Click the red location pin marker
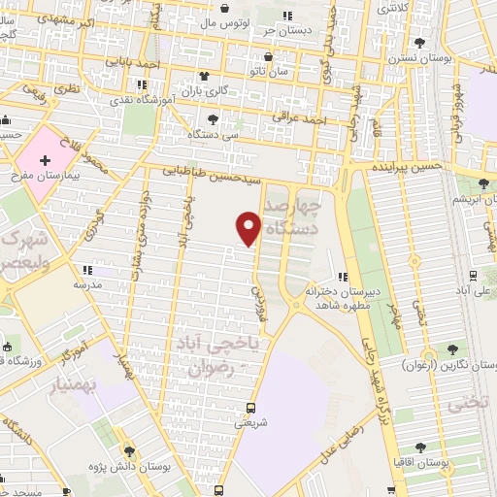click(x=249, y=227)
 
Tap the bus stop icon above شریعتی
click(x=251, y=408)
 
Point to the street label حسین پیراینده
click(x=407, y=167)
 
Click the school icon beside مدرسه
click(x=87, y=271)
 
